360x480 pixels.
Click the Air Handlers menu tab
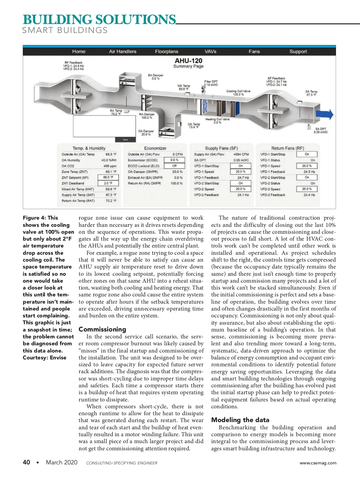tap(122, 51)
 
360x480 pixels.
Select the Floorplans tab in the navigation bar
tap(166, 51)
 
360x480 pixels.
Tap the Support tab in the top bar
tap(298, 51)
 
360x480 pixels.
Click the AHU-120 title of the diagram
tap(188, 61)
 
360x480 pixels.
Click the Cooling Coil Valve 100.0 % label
tap(238, 93)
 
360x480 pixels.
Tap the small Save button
tap(125, 139)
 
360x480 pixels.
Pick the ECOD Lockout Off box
tap(174, 166)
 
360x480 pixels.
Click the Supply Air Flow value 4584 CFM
tap(241, 154)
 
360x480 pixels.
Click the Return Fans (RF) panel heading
tap(287, 148)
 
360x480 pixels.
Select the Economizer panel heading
tap(155, 148)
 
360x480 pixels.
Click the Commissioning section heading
tap(102, 329)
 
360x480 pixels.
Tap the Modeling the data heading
tap(240, 420)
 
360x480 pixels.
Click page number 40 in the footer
tap(26, 462)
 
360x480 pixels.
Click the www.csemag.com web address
tap(318, 463)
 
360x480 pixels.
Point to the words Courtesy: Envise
tap(44, 358)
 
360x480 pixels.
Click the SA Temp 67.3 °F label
tap(311, 93)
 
